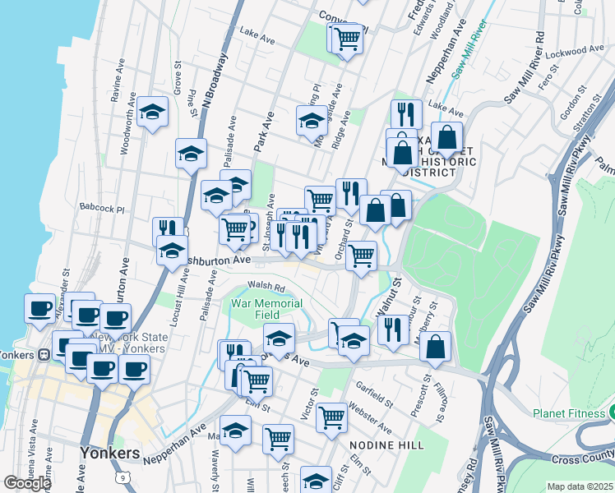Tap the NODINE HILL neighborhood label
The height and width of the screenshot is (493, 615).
(386, 445)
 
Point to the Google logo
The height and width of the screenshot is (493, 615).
(26, 483)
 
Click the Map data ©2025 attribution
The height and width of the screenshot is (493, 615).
(580, 486)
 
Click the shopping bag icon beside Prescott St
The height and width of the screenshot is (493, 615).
(435, 346)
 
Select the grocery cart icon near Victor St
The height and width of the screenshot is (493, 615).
(332, 417)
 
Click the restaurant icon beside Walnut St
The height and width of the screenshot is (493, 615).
(393, 329)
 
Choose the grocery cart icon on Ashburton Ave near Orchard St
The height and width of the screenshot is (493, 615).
(361, 255)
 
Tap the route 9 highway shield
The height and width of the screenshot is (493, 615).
(123, 476)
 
